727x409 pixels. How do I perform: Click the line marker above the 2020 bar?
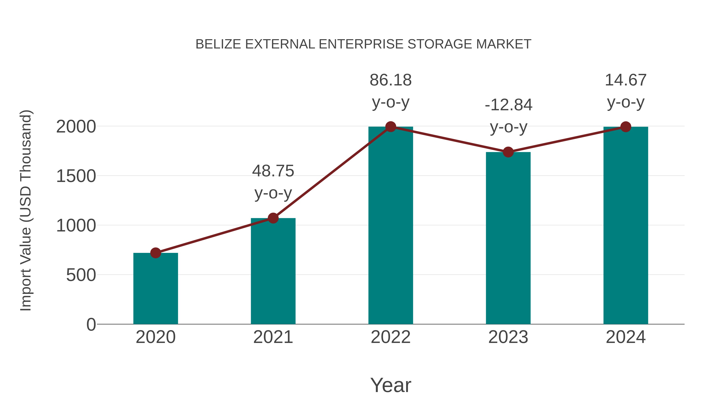click(155, 253)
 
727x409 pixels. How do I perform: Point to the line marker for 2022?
click(391, 127)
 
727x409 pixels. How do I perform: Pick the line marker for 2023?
click(508, 152)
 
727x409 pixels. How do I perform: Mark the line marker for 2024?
click(626, 127)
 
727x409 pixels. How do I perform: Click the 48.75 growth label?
click(273, 171)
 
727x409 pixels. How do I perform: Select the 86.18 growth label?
click(391, 80)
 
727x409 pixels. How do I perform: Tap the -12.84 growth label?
click(508, 105)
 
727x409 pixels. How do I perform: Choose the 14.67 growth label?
click(626, 80)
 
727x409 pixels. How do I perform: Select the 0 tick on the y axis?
click(91, 325)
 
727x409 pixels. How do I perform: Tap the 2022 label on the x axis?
click(391, 337)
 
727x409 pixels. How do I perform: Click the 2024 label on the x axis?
click(626, 337)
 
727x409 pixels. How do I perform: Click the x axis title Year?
click(391, 385)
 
